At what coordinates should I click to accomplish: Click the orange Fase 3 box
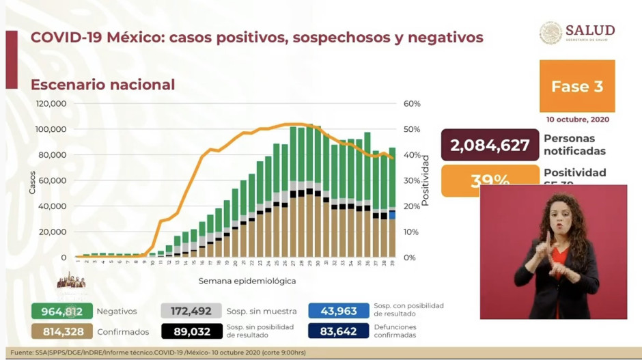pyautogui.click(x=577, y=86)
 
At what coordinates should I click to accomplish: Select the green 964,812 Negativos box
pyautogui.click(x=62, y=311)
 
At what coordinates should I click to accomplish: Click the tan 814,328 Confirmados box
pyautogui.click(x=62, y=331)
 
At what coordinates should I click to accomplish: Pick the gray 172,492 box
pyautogui.click(x=191, y=311)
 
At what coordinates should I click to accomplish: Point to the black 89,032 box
pyautogui.click(x=191, y=331)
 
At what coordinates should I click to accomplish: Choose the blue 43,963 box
pyautogui.click(x=338, y=311)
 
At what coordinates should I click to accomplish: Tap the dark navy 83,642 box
pyautogui.click(x=338, y=331)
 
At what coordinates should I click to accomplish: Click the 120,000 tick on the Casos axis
pyautogui.click(x=51, y=104)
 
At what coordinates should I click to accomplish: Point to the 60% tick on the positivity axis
pyautogui.click(x=412, y=104)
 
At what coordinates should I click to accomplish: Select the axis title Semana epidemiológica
pyautogui.click(x=247, y=281)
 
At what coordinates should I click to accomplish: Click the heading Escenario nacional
pyautogui.click(x=102, y=85)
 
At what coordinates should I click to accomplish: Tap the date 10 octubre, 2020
pyautogui.click(x=577, y=120)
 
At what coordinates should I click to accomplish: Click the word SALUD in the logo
pyautogui.click(x=590, y=30)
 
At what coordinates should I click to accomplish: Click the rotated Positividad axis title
pyautogui.click(x=425, y=180)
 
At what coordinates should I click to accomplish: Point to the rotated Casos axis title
pyautogui.click(x=32, y=182)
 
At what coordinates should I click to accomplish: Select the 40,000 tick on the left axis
pyautogui.click(x=53, y=206)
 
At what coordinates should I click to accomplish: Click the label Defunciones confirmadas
pyautogui.click(x=404, y=331)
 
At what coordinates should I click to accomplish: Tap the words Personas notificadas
pyautogui.click(x=574, y=145)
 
